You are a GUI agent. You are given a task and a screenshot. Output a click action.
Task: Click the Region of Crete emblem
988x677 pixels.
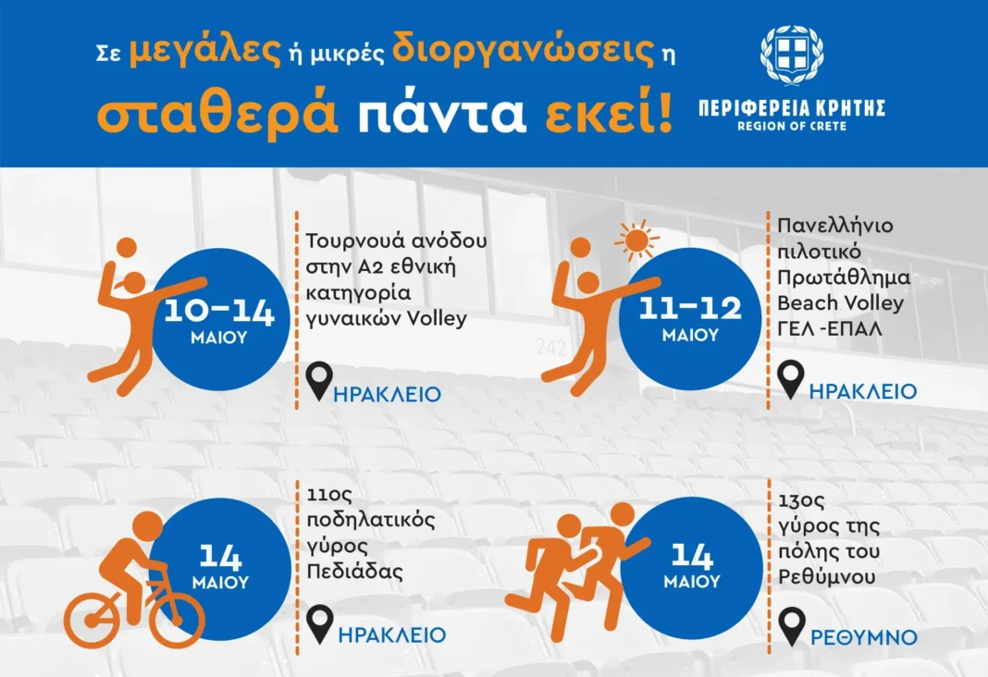[x=791, y=55]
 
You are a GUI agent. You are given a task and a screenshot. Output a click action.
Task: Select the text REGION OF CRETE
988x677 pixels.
[x=791, y=126]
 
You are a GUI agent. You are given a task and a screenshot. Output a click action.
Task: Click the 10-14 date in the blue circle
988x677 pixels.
[x=219, y=311]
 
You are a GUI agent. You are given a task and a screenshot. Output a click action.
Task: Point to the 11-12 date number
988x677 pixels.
[x=690, y=308]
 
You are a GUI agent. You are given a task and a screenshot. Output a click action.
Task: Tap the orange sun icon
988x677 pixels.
[x=636, y=240]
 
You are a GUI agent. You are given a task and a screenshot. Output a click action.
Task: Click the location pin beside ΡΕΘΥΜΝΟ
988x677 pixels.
[x=791, y=627]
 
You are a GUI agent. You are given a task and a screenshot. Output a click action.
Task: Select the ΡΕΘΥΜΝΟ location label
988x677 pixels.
[x=863, y=637]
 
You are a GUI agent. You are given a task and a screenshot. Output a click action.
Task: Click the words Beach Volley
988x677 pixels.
[x=840, y=303]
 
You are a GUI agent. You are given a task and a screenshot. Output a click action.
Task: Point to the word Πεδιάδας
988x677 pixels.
[x=354, y=572]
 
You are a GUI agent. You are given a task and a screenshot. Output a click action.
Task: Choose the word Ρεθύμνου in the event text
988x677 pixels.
[x=827, y=577]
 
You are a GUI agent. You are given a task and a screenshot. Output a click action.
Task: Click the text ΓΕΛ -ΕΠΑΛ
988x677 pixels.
[x=829, y=328]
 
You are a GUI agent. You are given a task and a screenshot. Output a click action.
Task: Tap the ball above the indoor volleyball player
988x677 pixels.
[x=127, y=248]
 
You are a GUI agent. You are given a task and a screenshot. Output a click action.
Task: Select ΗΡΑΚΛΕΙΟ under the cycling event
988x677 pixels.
[x=391, y=634]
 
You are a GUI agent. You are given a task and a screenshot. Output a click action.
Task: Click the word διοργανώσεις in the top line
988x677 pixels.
[x=523, y=53]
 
